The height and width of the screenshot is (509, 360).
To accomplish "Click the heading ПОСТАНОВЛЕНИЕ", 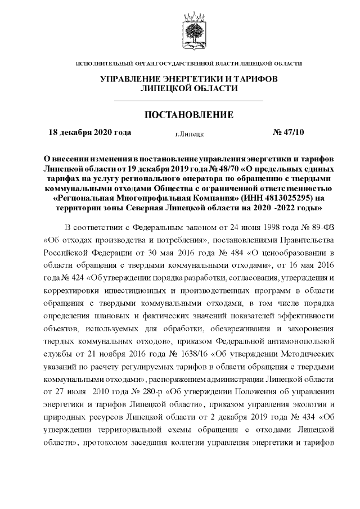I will (x=189, y=115).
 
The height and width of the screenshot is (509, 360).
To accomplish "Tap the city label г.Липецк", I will (x=190, y=134).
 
